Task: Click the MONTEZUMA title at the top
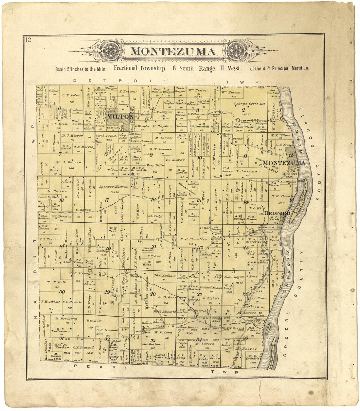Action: [173, 52]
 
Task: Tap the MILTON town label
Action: [120, 117]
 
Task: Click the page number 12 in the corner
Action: [28, 40]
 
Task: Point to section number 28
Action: [153, 293]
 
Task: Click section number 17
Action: [107, 200]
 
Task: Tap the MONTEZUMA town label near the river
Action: [284, 163]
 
